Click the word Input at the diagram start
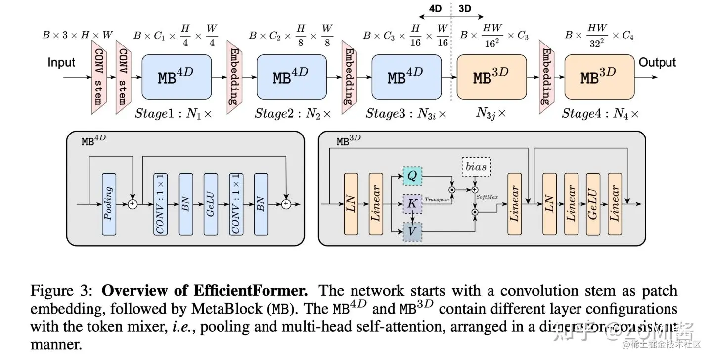pos(61,63)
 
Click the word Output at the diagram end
pos(657,63)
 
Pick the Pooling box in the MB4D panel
pos(109,204)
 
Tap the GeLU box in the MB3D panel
pos(593,204)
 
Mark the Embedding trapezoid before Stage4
pos(546,77)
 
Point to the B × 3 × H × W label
pos(77,35)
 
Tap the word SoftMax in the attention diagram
pos(488,197)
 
